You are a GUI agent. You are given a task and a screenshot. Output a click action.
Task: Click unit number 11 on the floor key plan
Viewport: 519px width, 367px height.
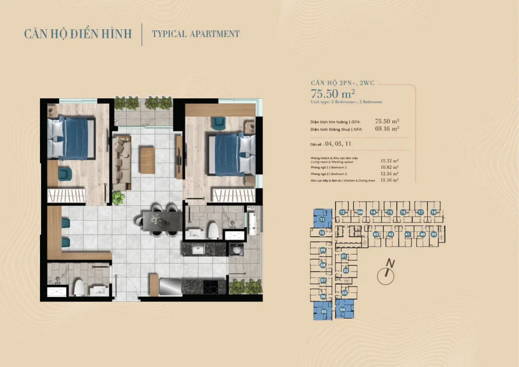pyautogui.click(x=322, y=219)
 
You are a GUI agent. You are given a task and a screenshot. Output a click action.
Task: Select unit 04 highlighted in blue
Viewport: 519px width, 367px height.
pyautogui.click(x=344, y=309)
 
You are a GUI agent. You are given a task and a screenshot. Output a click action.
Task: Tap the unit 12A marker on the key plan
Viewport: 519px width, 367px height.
pyautogui.click(x=360, y=212)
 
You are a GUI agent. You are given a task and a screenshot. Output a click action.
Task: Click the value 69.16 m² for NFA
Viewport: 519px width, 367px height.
pyautogui.click(x=387, y=129)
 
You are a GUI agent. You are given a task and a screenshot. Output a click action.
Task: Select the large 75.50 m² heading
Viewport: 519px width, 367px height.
pyautogui.click(x=332, y=93)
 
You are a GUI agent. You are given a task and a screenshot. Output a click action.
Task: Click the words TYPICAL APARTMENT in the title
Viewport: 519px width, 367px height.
pyautogui.click(x=196, y=34)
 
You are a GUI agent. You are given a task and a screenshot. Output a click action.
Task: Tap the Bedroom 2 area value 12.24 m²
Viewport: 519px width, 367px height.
pyautogui.click(x=389, y=173)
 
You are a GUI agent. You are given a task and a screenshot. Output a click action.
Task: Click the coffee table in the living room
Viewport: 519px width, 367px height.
pyautogui.click(x=147, y=160)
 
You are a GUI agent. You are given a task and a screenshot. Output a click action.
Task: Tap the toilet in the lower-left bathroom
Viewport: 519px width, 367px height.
pyautogui.click(x=80, y=288)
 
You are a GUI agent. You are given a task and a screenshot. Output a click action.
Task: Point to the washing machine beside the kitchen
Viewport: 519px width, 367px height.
pyautogui.click(x=235, y=249)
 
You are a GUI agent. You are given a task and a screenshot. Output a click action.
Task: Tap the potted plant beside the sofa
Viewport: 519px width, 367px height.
pyautogui.click(x=118, y=197)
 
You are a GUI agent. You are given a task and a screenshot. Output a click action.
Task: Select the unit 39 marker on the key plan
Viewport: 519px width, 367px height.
pyautogui.click(x=434, y=234)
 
